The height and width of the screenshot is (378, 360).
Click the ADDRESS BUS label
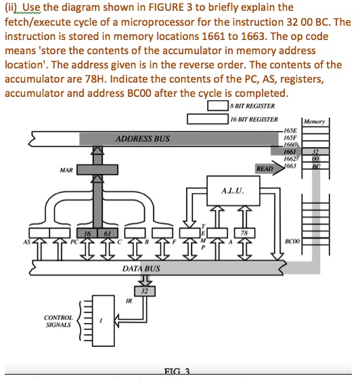coord(143,139)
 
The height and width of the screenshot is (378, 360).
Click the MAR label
coord(66,170)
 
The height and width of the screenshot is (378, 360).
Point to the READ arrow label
coord(265,167)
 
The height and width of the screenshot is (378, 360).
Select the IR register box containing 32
coord(143,291)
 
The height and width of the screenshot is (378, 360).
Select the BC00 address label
coord(292,240)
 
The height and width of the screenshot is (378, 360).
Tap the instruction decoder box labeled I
coord(101,320)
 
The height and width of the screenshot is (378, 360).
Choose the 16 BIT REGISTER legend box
coord(207,119)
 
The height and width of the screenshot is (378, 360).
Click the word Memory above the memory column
coord(316,122)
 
